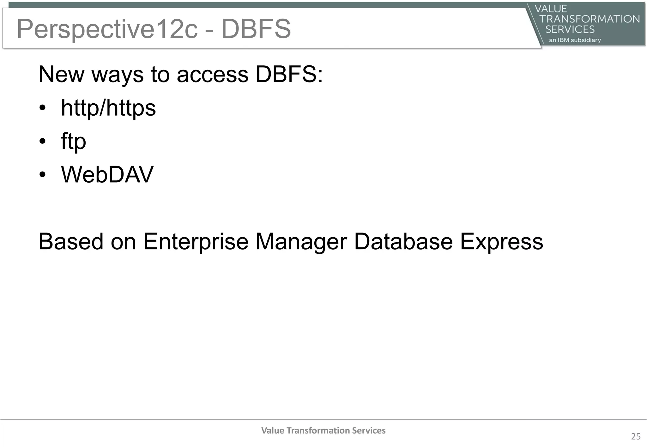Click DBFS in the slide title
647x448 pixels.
256,29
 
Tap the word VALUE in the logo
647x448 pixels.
551,9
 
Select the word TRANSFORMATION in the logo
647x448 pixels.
590,19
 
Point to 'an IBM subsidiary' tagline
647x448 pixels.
575,40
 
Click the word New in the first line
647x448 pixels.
61,75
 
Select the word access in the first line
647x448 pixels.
212,75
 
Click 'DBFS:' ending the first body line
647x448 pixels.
289,75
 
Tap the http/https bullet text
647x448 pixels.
108,108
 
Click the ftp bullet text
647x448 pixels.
73,142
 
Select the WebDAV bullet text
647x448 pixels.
107,174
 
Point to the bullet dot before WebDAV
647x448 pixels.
43,175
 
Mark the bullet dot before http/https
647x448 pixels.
43,108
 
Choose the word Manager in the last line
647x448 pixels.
301,242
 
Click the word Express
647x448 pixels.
501,242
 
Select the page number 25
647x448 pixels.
636,436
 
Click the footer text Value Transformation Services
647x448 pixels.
323,430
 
